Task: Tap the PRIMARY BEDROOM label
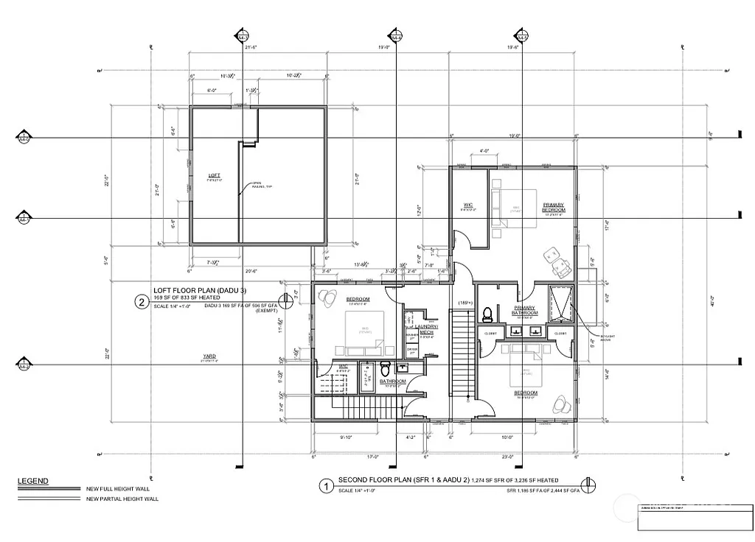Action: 554,207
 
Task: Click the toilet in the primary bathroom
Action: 487,314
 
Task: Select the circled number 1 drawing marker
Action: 325,486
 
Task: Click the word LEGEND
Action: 33,482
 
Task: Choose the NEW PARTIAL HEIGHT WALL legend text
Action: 122,499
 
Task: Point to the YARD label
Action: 210,357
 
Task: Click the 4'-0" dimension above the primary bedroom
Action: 484,151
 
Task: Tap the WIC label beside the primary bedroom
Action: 467,205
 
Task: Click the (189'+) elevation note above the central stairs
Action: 464,303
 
